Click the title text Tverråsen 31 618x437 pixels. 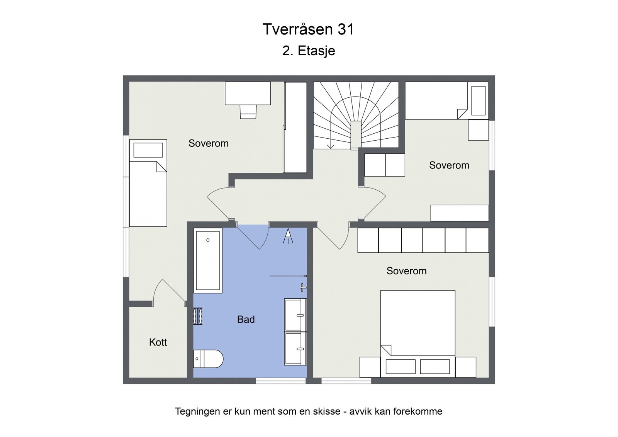pos(308,29)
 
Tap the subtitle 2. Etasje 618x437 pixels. pos(308,51)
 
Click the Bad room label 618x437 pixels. pos(246,320)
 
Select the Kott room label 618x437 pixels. pos(158,342)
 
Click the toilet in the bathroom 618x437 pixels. pos(208,359)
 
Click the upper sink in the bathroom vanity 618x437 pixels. pos(295,315)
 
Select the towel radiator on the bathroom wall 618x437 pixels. pos(198,316)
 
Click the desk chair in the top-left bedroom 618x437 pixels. pos(248,112)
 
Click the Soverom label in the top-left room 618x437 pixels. pos(208,143)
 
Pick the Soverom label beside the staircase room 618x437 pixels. pos(449,165)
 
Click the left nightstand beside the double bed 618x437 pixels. pos(370,367)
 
